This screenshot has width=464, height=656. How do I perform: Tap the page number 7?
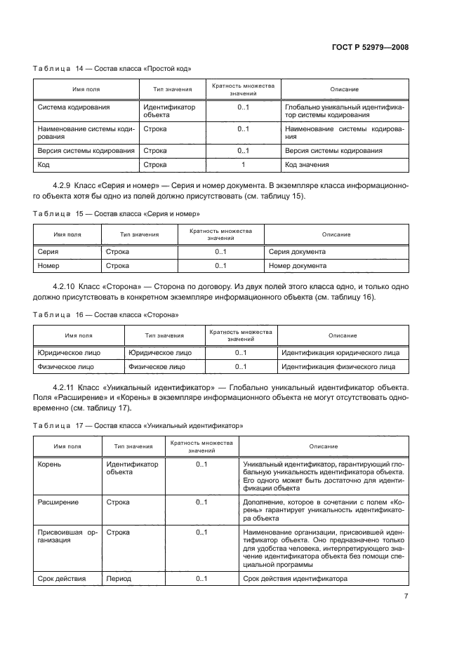pos(406,596)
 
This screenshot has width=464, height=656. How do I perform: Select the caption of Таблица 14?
pos(112,69)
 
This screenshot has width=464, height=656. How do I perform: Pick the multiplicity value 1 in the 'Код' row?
pos(243,165)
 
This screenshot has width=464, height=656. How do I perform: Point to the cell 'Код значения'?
pos(307,165)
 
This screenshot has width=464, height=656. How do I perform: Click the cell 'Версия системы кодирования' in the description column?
pos(333,151)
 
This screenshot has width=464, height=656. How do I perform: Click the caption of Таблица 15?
pos(117,213)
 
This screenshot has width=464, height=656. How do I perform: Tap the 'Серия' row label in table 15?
pos(48,251)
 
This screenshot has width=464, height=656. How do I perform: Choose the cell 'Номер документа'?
pos(298,266)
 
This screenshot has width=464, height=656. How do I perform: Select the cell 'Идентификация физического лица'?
pos(338,366)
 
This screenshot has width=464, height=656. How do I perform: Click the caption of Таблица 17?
pos(138,425)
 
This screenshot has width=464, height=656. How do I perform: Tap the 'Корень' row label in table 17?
pos(50,464)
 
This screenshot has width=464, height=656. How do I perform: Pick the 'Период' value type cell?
pos(118,578)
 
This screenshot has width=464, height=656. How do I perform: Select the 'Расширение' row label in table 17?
pos(58,502)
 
